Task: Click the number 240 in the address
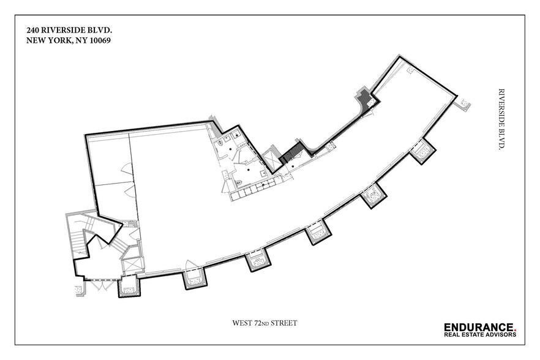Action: click(x=34, y=29)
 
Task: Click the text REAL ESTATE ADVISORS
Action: click(x=480, y=334)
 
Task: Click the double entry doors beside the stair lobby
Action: click(x=97, y=285)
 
